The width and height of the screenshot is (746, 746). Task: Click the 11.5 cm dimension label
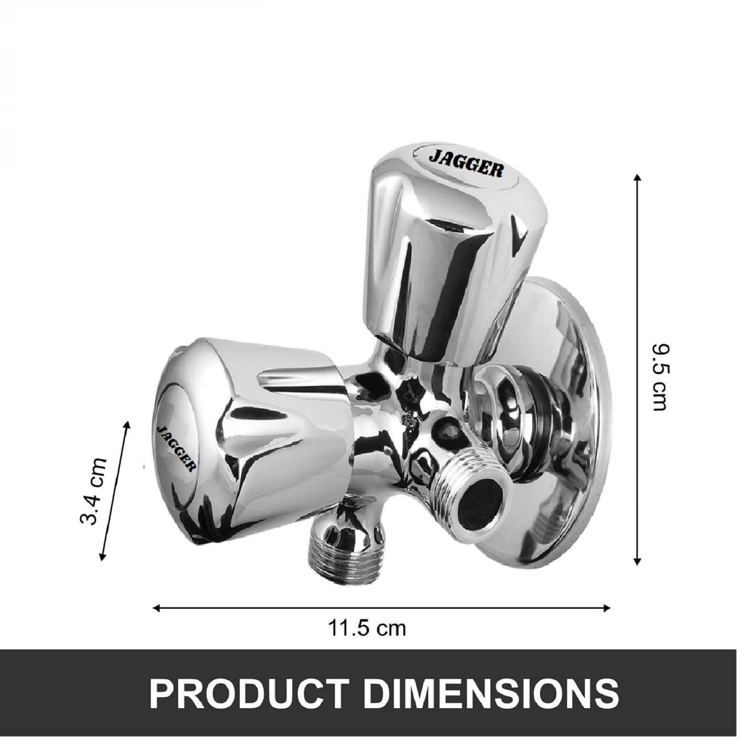pyautogui.click(x=367, y=628)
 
